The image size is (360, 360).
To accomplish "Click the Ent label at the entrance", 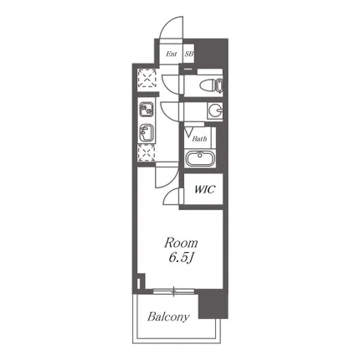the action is point(172,54).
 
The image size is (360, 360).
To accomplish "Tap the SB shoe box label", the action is point(189,54).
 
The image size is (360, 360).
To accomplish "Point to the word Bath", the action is point(199,139).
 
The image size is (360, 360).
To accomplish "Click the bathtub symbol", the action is point(200,158).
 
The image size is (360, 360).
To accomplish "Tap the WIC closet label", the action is point(204,189).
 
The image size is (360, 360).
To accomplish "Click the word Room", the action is point(181,243).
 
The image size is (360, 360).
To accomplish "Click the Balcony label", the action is point(168,316).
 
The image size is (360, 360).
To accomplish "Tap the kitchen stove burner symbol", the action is point(147,110).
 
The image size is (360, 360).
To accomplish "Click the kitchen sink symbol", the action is point(147,133).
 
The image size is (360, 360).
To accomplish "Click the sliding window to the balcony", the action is point(173,291).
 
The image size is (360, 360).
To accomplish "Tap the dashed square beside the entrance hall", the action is point(147,78).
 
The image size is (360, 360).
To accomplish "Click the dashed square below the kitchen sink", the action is point(147,153).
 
